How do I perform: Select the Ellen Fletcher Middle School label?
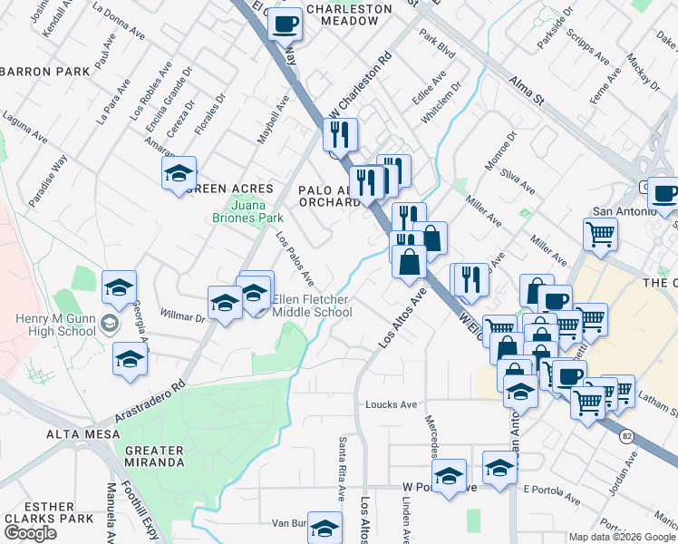312,306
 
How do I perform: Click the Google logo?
30,533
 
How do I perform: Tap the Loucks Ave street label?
391,404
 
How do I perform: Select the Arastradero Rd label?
150,400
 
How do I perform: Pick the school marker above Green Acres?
179,173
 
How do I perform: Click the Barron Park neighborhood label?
45,71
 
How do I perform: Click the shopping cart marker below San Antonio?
600,235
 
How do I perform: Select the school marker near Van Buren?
324,529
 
